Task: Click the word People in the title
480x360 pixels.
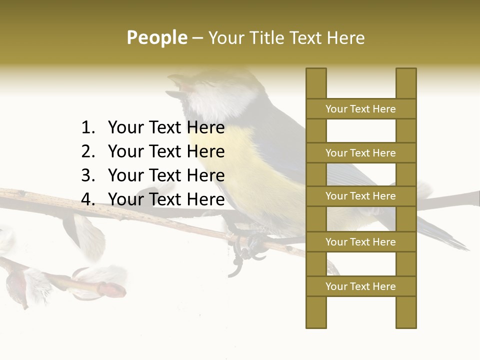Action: [156, 37]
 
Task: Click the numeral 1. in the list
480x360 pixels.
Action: [88, 128]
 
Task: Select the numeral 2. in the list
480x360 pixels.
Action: [88, 151]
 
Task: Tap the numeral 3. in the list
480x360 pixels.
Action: [88, 175]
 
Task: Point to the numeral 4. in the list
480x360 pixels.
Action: [88, 199]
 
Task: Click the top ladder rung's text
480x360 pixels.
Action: [360, 109]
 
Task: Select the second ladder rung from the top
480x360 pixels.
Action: [360, 153]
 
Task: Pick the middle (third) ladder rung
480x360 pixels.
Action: [360, 196]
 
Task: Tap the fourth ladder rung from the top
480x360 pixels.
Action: [360, 242]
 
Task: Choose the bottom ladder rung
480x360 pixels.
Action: [360, 286]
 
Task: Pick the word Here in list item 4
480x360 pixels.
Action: [205, 199]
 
